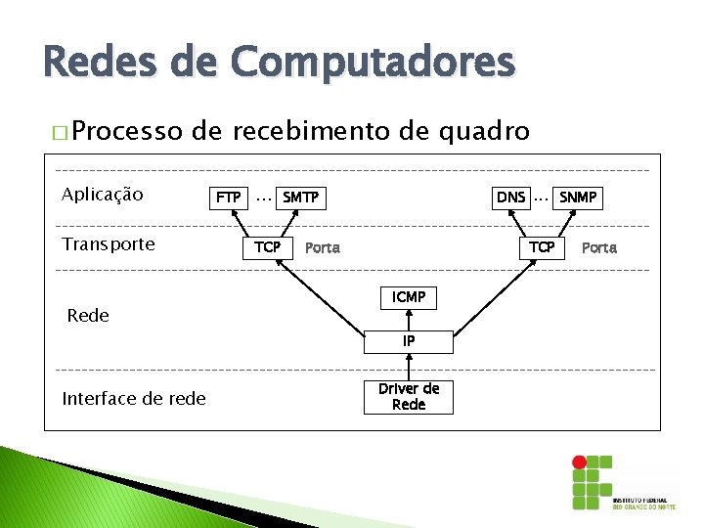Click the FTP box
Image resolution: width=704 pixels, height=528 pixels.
(228, 198)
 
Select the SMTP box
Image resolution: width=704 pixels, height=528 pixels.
(300, 198)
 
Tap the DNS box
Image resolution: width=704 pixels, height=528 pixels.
(510, 198)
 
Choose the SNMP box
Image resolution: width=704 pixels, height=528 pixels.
(578, 198)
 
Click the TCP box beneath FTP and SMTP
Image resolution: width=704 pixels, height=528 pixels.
(267, 247)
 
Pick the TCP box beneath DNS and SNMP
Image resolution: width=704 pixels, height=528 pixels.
(542, 247)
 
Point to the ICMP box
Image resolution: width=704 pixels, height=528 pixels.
(409, 297)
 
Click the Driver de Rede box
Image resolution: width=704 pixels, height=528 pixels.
(409, 397)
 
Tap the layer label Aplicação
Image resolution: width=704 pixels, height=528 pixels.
(102, 195)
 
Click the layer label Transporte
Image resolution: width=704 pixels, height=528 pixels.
(108, 244)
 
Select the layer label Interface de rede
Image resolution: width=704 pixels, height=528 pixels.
(134, 398)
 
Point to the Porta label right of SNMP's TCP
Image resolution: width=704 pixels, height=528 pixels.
(599, 248)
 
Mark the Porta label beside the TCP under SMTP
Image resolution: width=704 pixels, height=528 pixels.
(323, 248)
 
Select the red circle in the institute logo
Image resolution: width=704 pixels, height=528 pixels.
(579, 462)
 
